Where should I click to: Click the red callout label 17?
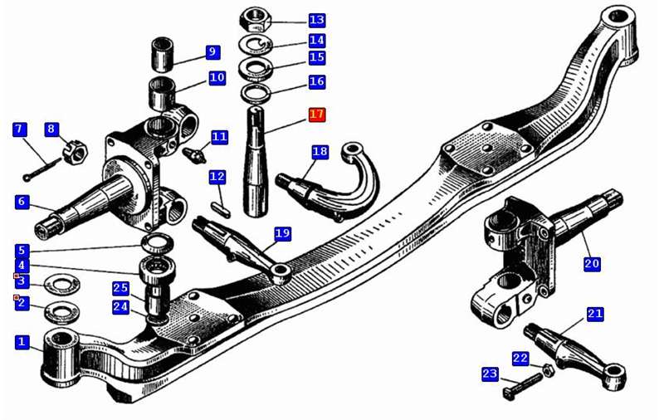(x=317, y=115)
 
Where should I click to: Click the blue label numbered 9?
(x=212, y=52)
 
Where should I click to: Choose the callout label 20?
(x=591, y=263)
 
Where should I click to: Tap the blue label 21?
(x=595, y=314)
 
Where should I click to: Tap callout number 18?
(x=320, y=152)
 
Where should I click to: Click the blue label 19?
(x=282, y=233)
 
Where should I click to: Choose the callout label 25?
(x=121, y=288)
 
